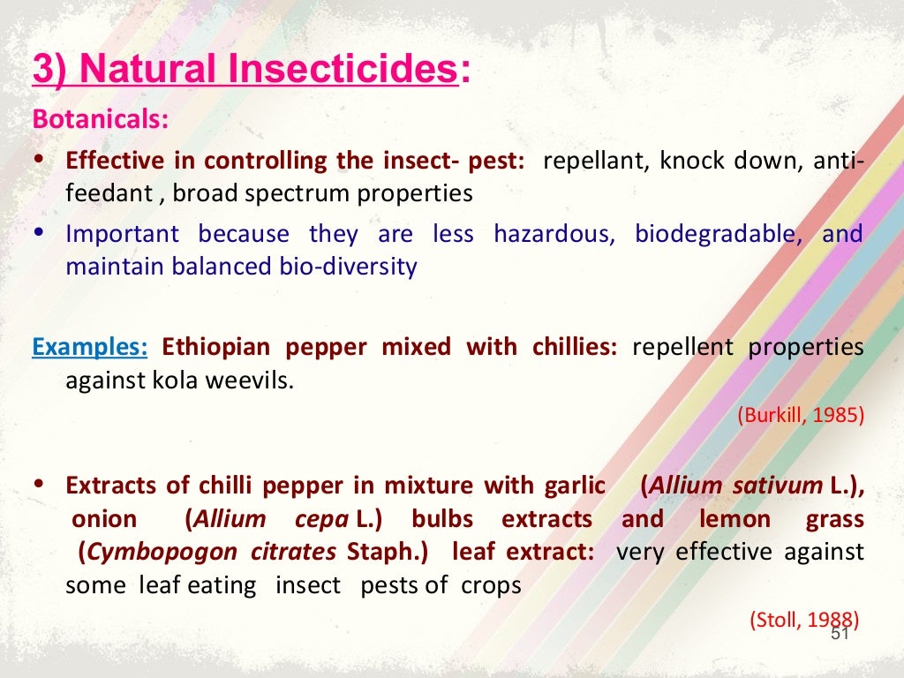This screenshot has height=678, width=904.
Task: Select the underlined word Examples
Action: point(90,347)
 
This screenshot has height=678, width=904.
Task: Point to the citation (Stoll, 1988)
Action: point(804,621)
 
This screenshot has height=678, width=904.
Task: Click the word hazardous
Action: point(554,235)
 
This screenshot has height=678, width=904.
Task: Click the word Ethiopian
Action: point(214,347)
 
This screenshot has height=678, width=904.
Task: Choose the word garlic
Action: point(575,486)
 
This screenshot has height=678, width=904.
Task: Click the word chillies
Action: point(575,347)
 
